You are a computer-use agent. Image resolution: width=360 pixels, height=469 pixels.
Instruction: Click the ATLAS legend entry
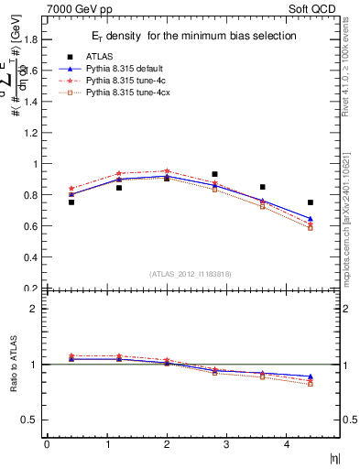pos(98,56)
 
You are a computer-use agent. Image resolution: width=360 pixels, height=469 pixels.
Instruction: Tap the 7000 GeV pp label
pos(80,9)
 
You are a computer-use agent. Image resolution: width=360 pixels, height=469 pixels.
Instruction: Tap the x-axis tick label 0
pos(47,444)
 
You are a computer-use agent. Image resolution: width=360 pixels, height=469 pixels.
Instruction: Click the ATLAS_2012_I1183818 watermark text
pos(191,273)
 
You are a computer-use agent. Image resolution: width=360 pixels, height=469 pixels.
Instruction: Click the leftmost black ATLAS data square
pos(71,202)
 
